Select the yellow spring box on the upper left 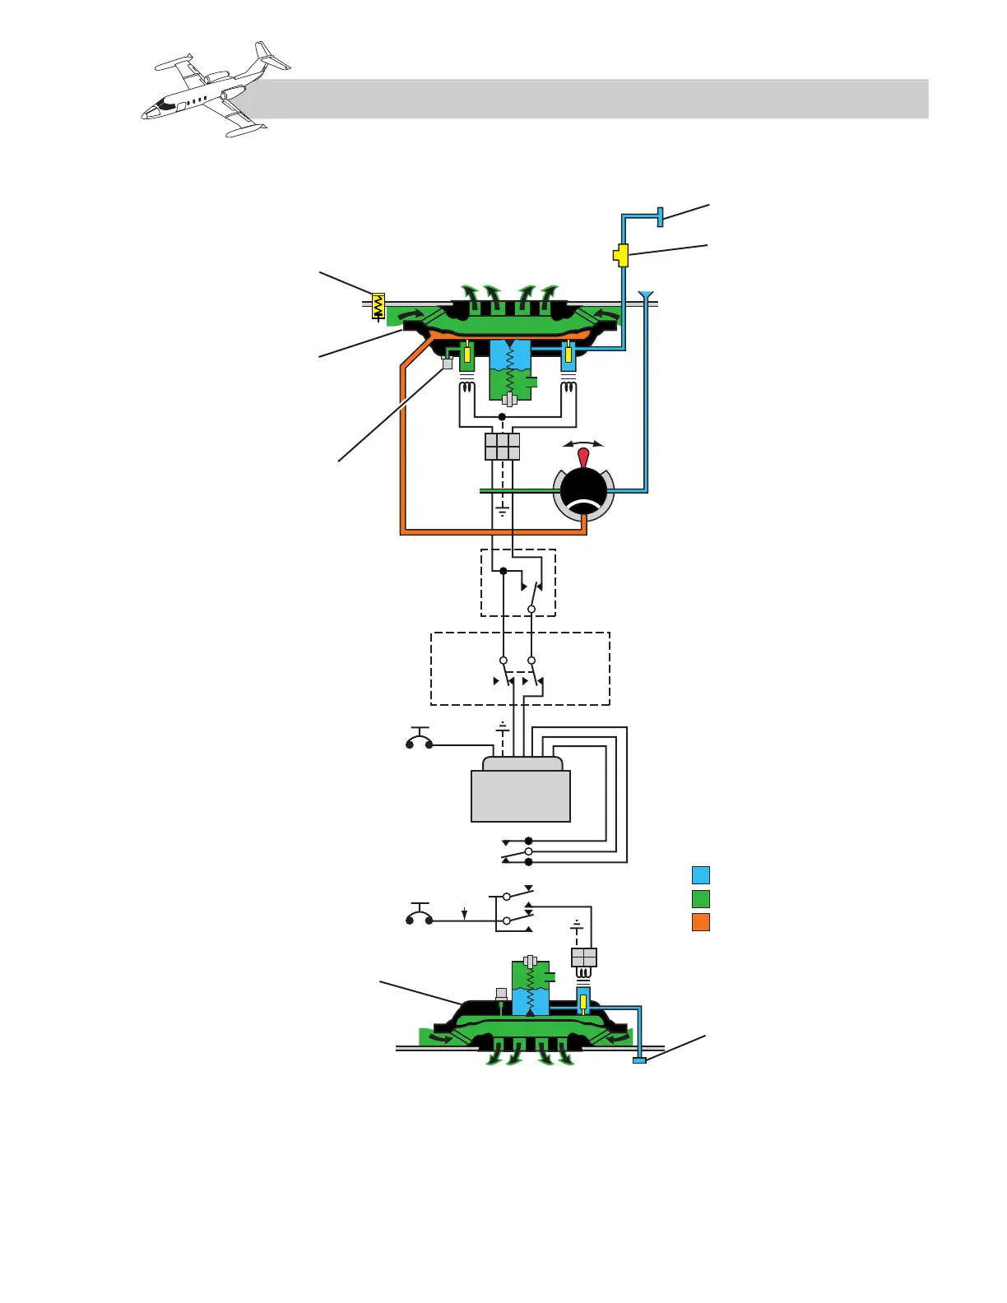(x=378, y=306)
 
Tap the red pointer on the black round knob (x=583, y=457)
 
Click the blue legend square (x=701, y=875)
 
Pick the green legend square (x=701, y=898)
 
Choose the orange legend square (x=701, y=922)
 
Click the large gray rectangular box (x=521, y=795)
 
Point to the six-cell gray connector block (x=503, y=447)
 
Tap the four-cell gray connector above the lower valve (x=583, y=958)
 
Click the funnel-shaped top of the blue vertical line (x=646, y=294)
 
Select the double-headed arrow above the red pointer (x=583, y=444)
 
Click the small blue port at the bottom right (x=639, y=1061)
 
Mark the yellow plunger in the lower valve (x=582, y=1002)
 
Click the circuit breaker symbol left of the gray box (x=420, y=740)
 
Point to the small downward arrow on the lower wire (x=465, y=914)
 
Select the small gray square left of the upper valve (x=448, y=363)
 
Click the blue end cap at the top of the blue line (x=660, y=217)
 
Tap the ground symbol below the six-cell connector (x=503, y=512)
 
